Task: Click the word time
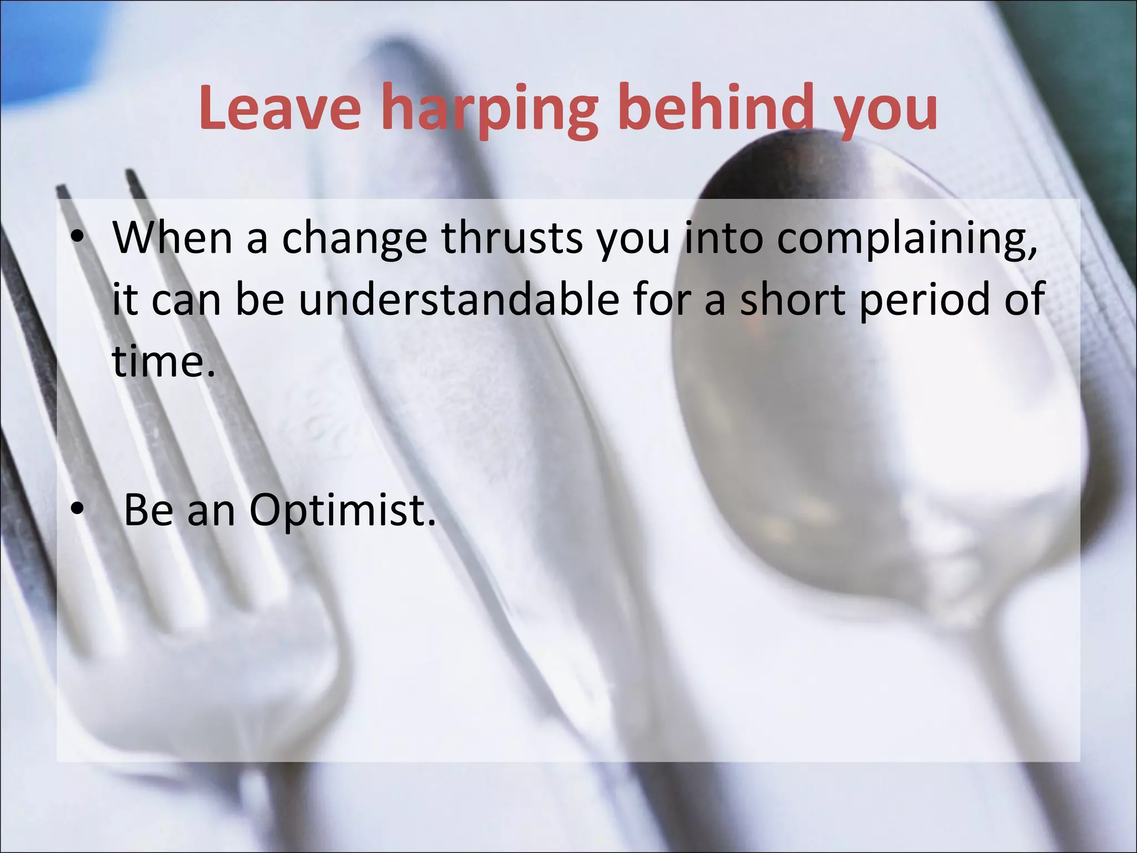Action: click(163, 362)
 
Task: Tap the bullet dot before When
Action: click(77, 239)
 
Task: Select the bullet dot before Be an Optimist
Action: click(77, 509)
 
